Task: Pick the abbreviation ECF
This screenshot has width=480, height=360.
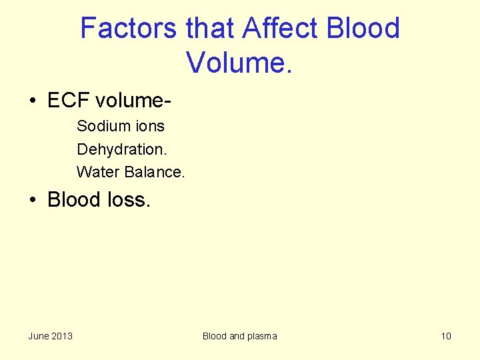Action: click(x=69, y=101)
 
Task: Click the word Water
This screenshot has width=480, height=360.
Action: click(x=97, y=171)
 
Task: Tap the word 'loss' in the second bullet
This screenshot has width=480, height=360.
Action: click(x=128, y=199)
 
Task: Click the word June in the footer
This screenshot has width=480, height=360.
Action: click(x=39, y=336)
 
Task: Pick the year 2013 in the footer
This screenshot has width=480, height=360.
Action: click(x=62, y=336)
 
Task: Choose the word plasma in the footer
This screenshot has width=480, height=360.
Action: click(x=262, y=336)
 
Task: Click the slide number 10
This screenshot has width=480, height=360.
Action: click(x=446, y=336)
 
